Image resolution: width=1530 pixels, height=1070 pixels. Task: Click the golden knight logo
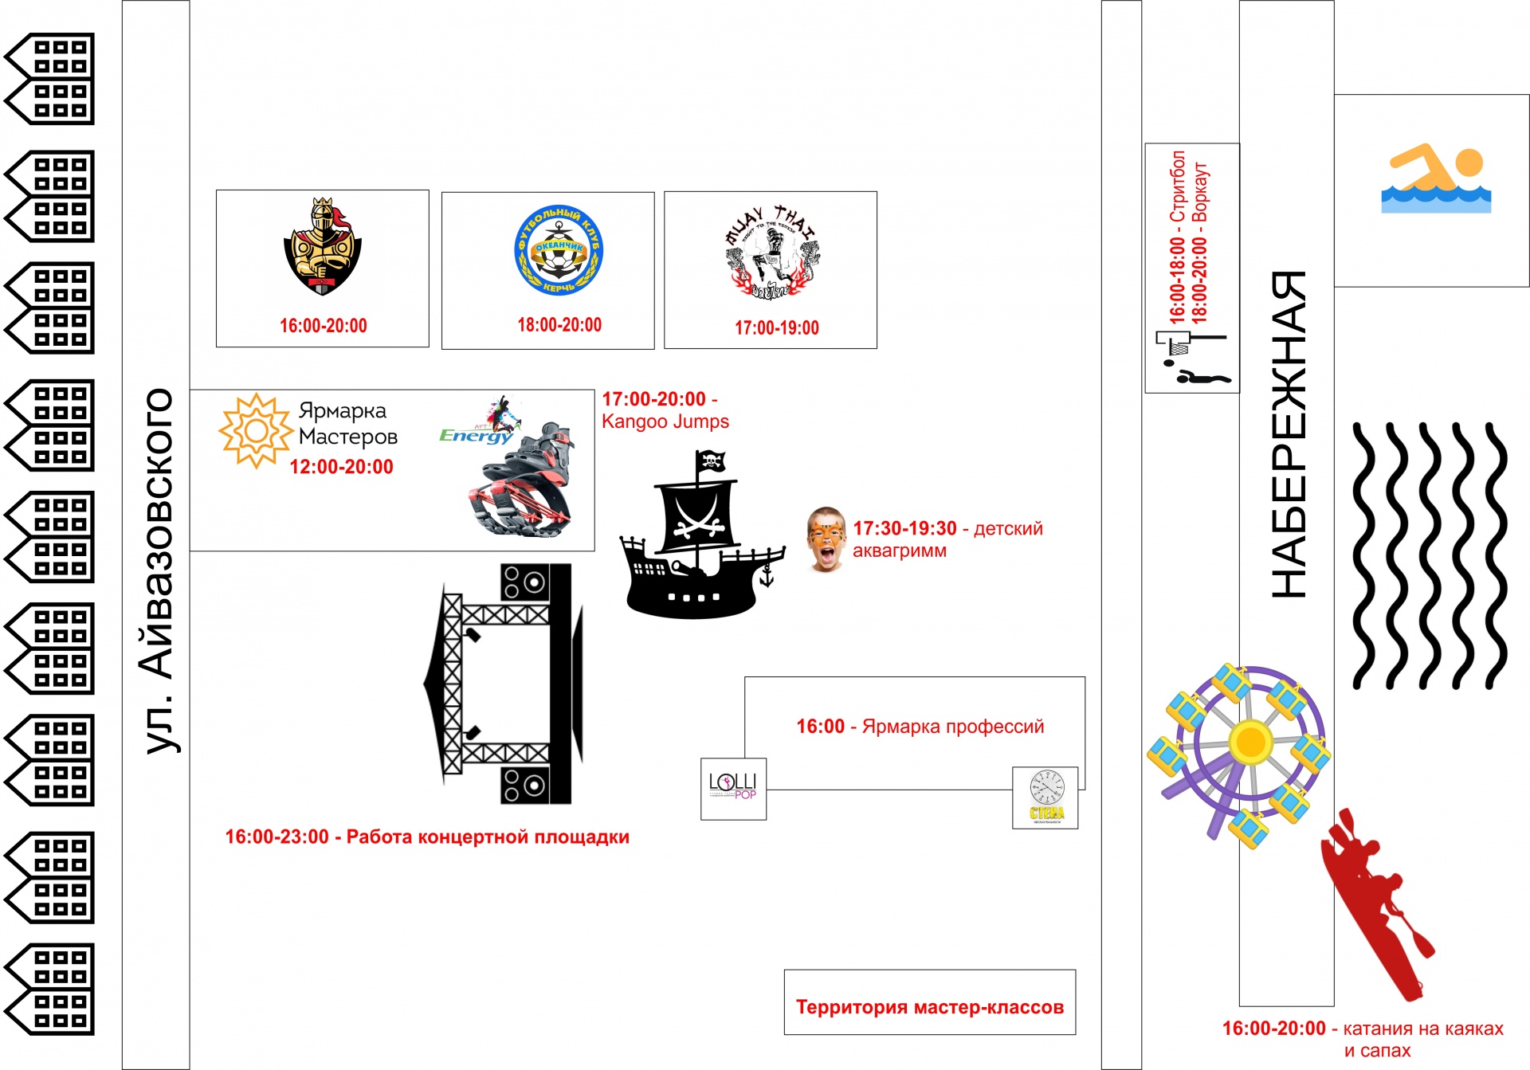coord(322,247)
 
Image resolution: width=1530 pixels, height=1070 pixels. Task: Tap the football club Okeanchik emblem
coord(559,250)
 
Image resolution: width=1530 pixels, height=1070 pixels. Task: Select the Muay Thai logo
coord(771,252)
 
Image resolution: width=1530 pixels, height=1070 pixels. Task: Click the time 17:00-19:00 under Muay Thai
coord(776,327)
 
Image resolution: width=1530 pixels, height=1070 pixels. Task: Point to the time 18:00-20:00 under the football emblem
coord(559,325)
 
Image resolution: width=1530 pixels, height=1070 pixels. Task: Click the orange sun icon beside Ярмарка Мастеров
coord(255,431)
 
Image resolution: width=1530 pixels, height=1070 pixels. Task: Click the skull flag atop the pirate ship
coord(710,461)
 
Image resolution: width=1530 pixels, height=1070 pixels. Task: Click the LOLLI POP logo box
coord(733,788)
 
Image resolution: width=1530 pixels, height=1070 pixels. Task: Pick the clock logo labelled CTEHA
coord(1045,798)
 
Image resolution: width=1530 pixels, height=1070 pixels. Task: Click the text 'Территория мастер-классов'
coord(929,1007)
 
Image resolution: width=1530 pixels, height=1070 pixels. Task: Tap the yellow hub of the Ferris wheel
coord(1250,742)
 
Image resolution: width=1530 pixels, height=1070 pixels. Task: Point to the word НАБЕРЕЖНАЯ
coord(1289,434)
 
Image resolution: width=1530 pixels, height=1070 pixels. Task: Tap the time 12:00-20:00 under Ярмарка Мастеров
coord(341,467)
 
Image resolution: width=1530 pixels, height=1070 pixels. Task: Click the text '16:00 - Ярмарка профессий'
coord(920,727)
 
